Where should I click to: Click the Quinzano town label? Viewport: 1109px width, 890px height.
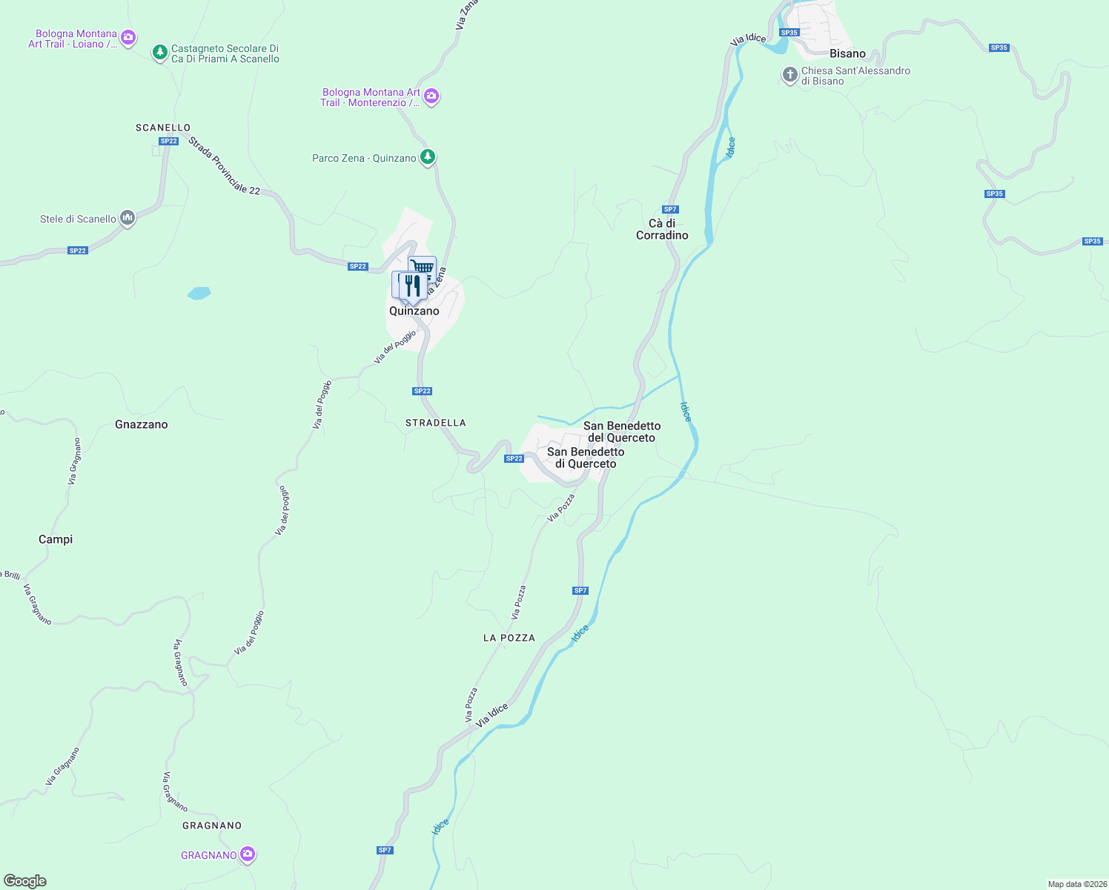414,311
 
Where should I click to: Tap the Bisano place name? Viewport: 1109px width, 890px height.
847,53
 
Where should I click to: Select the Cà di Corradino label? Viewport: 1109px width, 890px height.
662,229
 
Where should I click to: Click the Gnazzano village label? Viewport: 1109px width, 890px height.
141,424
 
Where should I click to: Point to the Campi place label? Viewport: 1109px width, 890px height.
56,539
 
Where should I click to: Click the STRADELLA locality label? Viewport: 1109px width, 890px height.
436,423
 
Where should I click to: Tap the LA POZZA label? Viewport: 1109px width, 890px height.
509,638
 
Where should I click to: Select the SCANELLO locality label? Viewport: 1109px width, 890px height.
163,128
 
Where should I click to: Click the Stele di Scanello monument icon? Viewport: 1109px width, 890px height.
128,218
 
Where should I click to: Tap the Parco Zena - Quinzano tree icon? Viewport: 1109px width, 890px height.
427,157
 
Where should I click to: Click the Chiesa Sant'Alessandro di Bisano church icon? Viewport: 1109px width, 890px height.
790,75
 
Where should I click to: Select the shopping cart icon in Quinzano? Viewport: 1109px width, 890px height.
423,267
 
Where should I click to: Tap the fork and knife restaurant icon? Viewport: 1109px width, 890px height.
413,285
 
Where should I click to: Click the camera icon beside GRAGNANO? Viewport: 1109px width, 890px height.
248,854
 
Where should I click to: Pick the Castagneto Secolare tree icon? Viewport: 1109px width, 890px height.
159,53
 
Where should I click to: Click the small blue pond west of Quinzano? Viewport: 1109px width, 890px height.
199,293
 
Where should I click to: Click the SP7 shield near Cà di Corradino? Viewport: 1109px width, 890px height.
670,209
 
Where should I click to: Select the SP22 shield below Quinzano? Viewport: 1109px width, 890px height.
422,391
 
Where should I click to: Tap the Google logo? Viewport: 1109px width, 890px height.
25,881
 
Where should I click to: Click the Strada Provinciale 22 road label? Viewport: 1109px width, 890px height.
224,166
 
